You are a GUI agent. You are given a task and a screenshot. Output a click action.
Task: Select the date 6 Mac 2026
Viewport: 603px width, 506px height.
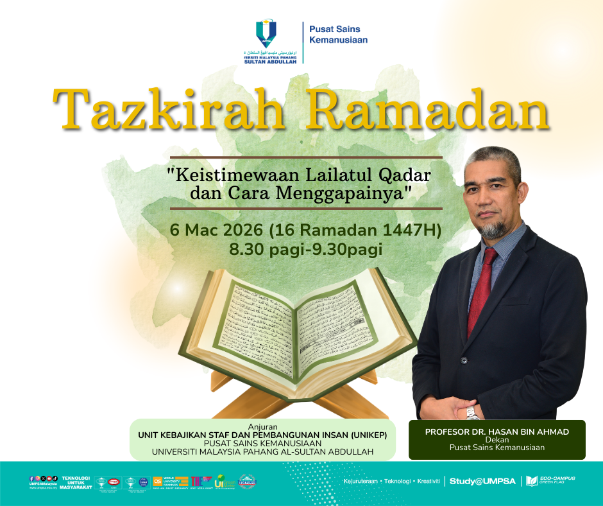click(216, 230)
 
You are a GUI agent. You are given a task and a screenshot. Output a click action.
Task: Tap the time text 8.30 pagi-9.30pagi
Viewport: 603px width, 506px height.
click(306, 249)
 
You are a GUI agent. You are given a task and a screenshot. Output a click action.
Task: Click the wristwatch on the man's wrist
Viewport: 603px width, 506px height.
click(473, 412)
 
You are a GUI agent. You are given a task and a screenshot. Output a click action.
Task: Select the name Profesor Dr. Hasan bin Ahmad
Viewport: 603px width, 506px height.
click(497, 432)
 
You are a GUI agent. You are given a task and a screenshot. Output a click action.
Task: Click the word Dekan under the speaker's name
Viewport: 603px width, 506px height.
click(497, 440)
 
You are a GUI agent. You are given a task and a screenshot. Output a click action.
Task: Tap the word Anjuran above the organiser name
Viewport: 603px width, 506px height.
click(262, 426)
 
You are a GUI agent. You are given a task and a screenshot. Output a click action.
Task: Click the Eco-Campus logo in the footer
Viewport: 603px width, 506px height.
click(550, 481)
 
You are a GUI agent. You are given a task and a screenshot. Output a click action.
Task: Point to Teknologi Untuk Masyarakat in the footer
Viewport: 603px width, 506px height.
click(77, 482)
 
